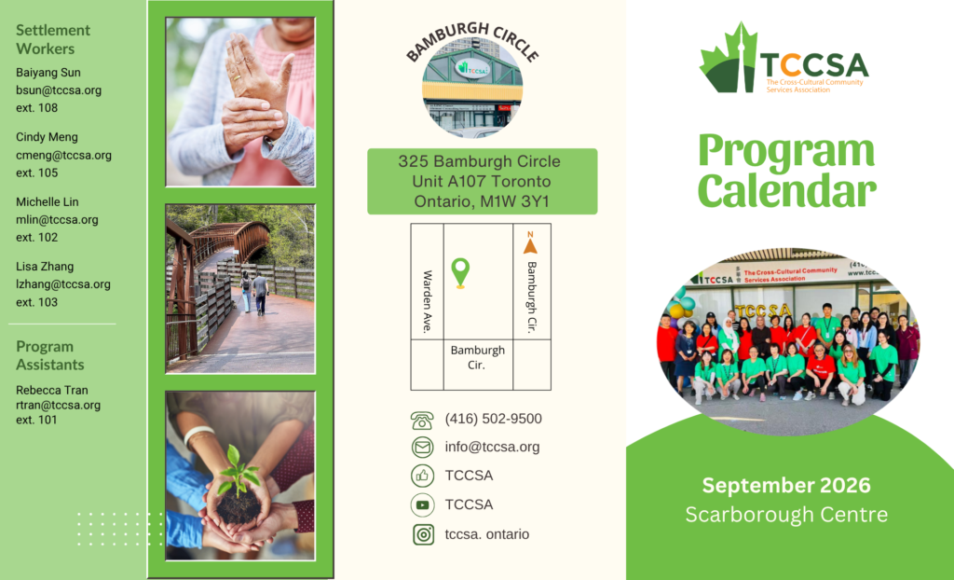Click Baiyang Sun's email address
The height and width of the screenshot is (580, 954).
point(59,90)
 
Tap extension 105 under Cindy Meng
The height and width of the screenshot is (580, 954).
point(37,173)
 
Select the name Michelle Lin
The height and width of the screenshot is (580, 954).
point(48,201)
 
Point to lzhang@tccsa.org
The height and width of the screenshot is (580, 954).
point(63,284)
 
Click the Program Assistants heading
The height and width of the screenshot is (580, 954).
point(50,355)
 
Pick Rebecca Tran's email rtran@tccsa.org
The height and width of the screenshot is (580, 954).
point(59,405)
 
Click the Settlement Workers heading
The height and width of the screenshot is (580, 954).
point(53,39)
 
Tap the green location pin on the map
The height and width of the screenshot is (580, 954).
point(460,272)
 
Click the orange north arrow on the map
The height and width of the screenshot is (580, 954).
point(530,243)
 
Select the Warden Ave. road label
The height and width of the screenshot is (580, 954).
point(427,302)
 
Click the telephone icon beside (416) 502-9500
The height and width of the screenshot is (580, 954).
point(422,420)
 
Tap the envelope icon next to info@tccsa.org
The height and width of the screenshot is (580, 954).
point(423,448)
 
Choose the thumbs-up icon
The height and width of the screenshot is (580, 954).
point(423,476)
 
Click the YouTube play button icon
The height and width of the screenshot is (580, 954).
point(423,504)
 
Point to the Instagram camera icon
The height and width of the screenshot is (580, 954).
point(424,534)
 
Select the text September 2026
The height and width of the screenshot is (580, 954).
point(786,486)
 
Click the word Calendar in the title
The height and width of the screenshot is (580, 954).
point(786,191)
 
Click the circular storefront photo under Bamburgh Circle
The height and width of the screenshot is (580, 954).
point(472,87)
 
